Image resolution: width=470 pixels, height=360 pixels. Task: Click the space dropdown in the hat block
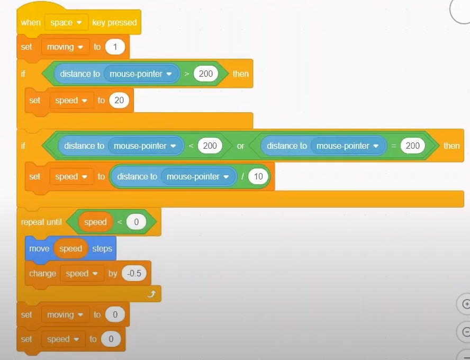[x=66, y=22]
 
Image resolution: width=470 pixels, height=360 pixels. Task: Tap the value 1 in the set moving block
[x=115, y=47]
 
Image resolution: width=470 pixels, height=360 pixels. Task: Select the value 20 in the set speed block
[x=119, y=100]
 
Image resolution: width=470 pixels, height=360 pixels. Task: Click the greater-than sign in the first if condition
[x=187, y=74]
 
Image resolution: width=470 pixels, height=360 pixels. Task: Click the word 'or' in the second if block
[x=240, y=146]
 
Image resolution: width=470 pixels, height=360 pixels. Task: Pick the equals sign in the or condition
[x=394, y=146]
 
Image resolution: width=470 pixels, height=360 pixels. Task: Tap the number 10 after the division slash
[x=258, y=176]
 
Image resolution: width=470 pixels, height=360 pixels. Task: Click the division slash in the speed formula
[x=242, y=176]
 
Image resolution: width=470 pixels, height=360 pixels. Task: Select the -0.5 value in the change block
[x=134, y=273]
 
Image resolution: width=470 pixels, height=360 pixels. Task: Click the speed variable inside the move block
[x=71, y=248]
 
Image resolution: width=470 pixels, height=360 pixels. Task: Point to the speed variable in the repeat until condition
[x=95, y=222]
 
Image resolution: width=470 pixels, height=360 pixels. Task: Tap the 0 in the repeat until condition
[x=136, y=222]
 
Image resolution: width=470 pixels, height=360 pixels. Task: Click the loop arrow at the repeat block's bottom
[x=152, y=294]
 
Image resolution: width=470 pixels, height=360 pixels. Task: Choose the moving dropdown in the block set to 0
[x=65, y=315]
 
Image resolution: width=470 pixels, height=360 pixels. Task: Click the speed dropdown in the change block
[x=82, y=273]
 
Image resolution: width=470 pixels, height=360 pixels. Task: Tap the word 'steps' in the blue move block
[x=102, y=248]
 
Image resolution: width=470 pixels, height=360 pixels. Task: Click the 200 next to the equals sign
[x=413, y=146]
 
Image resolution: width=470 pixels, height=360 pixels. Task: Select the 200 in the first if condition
[x=206, y=74]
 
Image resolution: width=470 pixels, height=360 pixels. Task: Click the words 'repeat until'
[x=41, y=222]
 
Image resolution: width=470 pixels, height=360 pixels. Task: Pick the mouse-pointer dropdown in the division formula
[x=198, y=176]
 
